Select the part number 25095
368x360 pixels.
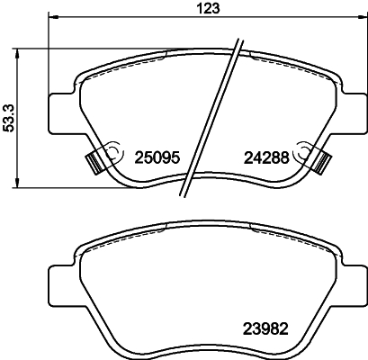pos(158,157)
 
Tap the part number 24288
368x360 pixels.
pos(265,157)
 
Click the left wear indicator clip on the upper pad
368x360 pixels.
pos(94,161)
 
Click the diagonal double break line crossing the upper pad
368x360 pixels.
pos(212,117)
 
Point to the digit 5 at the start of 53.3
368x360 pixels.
pos(10,130)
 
